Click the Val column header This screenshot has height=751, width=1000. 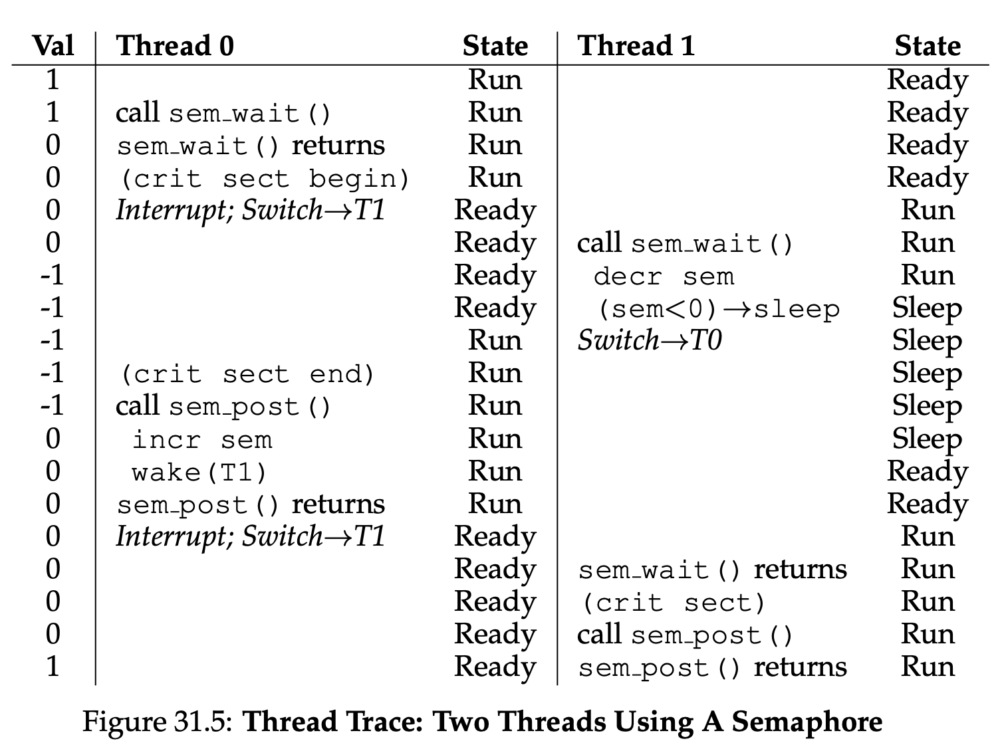tap(53, 46)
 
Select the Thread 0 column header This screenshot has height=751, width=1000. tap(175, 46)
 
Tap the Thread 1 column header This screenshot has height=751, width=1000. tap(636, 46)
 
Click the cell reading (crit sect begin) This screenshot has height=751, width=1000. tap(264, 178)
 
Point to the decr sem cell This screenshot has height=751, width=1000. tap(664, 276)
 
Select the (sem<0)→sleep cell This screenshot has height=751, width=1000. tap(719, 309)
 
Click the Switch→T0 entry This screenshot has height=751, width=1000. tap(650, 341)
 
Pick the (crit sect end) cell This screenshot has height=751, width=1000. tap(247, 374)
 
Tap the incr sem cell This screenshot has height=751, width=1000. tap(202, 439)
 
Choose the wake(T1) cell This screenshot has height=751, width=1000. tap(199, 473)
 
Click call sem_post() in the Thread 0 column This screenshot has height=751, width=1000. tap(223, 406)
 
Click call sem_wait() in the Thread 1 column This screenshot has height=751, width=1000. tap(685, 243)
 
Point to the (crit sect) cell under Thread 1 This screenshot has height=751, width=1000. tap(674, 603)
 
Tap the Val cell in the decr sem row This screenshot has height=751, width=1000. tap(52, 276)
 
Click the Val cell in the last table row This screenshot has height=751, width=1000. tap(53, 667)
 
